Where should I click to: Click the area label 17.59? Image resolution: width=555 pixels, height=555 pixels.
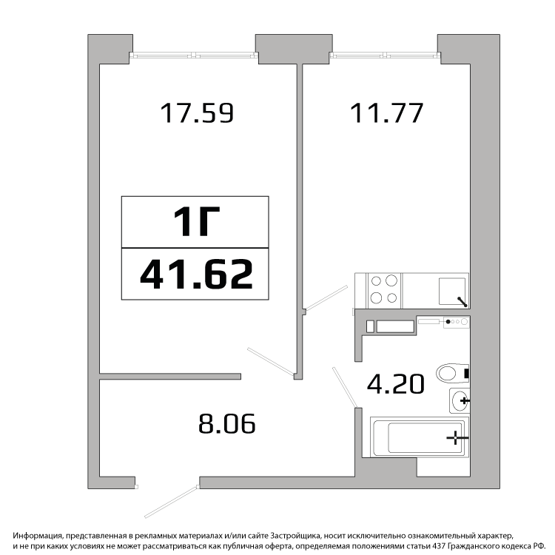pos(197,113)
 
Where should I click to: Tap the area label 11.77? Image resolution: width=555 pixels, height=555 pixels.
pos(386,113)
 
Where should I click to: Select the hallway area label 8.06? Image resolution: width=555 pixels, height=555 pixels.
pos(227,424)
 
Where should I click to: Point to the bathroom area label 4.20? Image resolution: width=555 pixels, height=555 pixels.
pos(395,384)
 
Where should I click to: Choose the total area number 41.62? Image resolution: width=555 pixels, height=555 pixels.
pos(196,274)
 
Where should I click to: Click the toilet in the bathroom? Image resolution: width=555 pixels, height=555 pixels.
pos(453,373)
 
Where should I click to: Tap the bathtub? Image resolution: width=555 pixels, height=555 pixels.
pos(420,437)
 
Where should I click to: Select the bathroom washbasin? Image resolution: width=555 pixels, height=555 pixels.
pos(460,400)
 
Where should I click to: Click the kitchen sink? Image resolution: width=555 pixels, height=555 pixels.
pos(452,292)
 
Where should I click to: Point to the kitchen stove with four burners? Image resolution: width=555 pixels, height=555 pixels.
pos(384,290)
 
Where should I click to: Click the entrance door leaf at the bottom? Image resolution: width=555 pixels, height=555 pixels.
pos(172,502)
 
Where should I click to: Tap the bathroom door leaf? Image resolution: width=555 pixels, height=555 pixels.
pos(345,387)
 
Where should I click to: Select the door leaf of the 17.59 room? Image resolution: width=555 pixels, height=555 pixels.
pos(271,361)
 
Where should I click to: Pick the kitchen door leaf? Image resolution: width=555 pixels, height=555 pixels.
pos(326,298)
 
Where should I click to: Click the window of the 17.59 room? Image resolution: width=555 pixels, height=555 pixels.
pos(194,55)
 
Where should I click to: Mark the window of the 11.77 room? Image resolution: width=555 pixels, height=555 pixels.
pos(385,55)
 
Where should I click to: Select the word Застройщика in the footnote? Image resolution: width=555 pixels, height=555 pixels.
pos(295,535)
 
